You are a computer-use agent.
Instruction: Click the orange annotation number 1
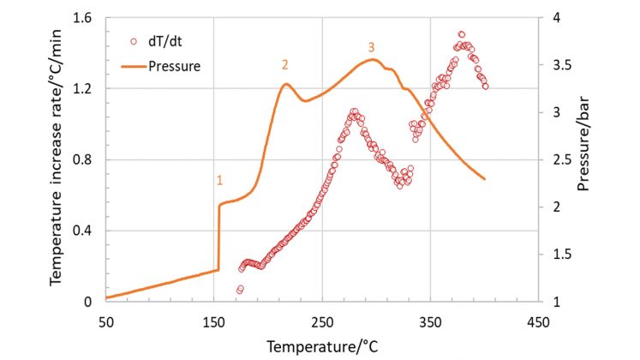pyautogui.click(x=219, y=180)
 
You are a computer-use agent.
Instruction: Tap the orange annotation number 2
pyautogui.click(x=284, y=64)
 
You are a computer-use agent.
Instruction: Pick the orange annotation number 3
pyautogui.click(x=371, y=46)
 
